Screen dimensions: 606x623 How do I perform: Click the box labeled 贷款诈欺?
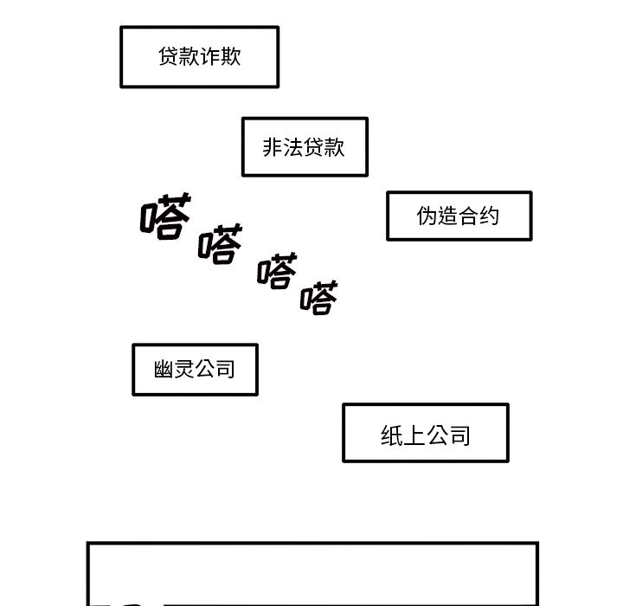pyautogui.click(x=199, y=57)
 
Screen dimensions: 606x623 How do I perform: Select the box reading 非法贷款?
pyautogui.click(x=305, y=147)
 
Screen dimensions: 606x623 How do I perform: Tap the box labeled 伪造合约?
pyautogui.click(x=459, y=216)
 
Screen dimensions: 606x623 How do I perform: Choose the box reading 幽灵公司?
pyautogui.click(x=195, y=370)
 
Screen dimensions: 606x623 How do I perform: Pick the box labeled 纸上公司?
pyautogui.click(x=425, y=433)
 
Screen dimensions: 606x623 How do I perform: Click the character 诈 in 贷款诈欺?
pyautogui.click(x=210, y=57)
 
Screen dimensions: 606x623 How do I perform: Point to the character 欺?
pyautogui.click(x=231, y=57)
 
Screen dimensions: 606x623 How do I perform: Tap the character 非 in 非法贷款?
pyautogui.click(x=273, y=148)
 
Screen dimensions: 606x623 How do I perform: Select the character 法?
pyautogui.click(x=294, y=148)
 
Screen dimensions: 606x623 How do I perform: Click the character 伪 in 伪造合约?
pyautogui.click(x=427, y=216)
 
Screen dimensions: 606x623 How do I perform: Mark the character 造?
pyautogui.click(x=448, y=216)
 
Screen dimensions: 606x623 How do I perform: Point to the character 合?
pyautogui.click(x=469, y=216)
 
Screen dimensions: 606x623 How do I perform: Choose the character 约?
pyautogui.click(x=490, y=216)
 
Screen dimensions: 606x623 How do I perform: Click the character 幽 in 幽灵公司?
pyautogui.click(x=164, y=371)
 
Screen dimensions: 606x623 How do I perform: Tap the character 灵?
pyautogui.click(x=184, y=371)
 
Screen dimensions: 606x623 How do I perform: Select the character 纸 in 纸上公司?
pyautogui.click(x=392, y=435)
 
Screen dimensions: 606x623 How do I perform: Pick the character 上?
pyautogui.click(x=414, y=435)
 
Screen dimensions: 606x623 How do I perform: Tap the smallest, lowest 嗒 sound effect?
pyautogui.click(x=318, y=298)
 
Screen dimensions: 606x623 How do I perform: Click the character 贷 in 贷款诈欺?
pyautogui.click(x=169, y=57)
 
